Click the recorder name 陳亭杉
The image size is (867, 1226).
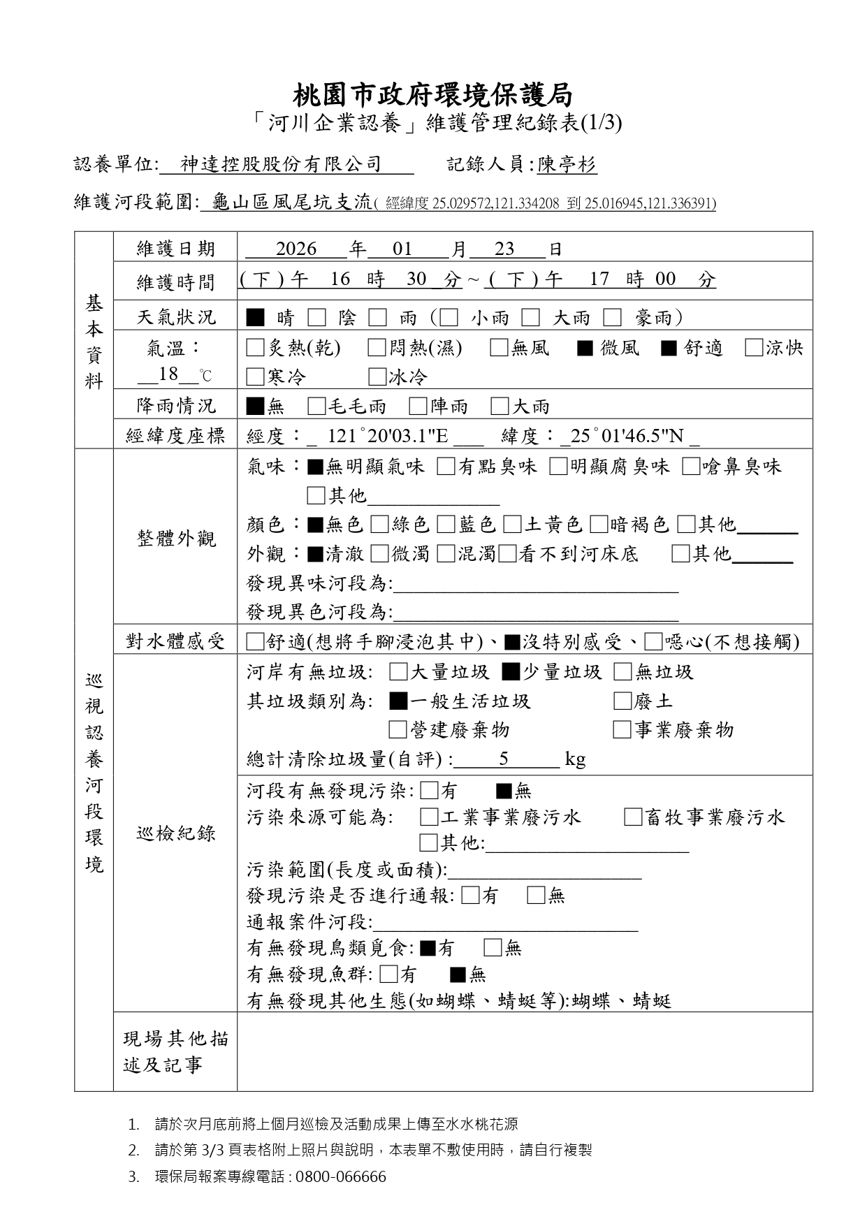point(567,165)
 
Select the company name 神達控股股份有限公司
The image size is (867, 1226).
point(281,165)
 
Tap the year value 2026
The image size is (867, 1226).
point(296,249)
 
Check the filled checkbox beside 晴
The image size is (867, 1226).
point(256,318)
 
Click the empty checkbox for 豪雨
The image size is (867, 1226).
point(613,318)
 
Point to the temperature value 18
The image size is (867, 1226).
point(168,374)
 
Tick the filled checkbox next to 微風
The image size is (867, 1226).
point(585,348)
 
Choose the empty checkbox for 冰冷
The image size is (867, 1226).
point(377,377)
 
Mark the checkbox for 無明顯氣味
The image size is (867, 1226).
point(315,467)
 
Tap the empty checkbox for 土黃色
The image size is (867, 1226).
point(512,525)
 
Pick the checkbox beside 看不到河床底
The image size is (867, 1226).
point(508,554)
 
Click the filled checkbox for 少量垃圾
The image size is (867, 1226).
point(511,672)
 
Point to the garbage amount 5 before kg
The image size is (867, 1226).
point(504,759)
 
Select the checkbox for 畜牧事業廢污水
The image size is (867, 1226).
point(633,817)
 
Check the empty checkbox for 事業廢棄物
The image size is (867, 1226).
point(622,730)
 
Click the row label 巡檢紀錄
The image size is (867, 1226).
point(175,833)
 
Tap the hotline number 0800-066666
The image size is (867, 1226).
point(340,1176)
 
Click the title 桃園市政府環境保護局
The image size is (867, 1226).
point(433,94)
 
